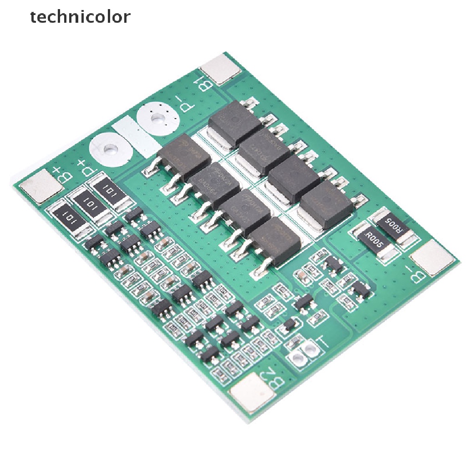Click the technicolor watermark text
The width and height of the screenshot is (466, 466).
click(x=80, y=17)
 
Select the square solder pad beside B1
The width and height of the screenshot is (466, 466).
click(x=222, y=69)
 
